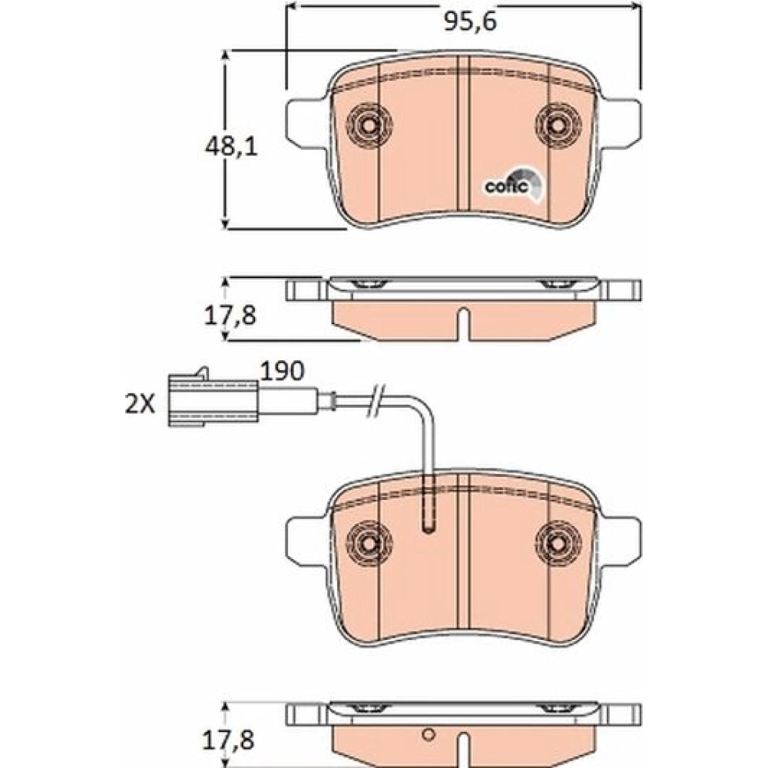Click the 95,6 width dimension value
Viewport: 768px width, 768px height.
[470, 22]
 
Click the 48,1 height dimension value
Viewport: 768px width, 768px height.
[230, 147]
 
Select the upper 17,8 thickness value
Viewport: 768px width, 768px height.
[230, 316]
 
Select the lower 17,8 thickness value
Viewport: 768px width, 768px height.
[229, 740]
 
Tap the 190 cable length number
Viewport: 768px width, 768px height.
[282, 371]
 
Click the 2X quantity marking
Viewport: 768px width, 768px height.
[140, 405]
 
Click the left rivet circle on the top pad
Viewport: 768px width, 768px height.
[369, 125]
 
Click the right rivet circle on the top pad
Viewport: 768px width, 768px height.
[558, 125]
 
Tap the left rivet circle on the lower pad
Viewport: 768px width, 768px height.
[369, 543]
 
